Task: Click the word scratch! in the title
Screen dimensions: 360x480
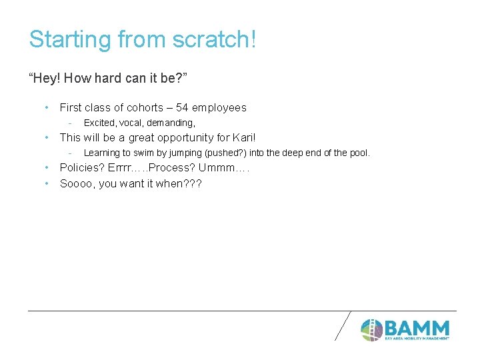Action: (x=214, y=39)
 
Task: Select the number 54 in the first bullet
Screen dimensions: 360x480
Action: (x=182, y=107)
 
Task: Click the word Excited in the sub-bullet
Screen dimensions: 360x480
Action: (x=98, y=123)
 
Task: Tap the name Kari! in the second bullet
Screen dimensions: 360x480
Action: (x=243, y=137)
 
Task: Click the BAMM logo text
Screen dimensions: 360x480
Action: (x=417, y=329)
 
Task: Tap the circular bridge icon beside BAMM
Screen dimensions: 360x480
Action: (x=372, y=329)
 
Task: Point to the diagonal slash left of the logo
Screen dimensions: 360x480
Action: (x=342, y=327)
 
